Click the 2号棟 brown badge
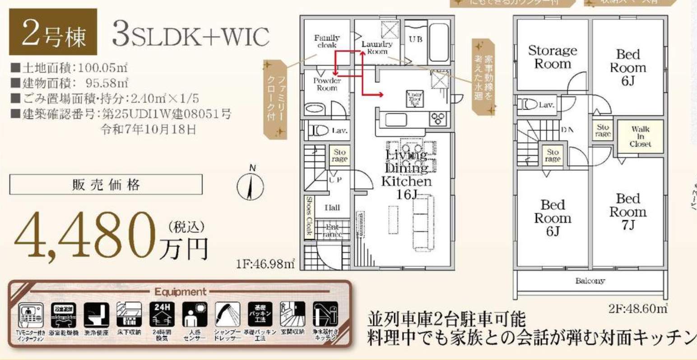point(53,32)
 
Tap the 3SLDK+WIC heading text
point(191,35)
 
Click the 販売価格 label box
point(106,185)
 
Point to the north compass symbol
point(251,185)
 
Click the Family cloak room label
point(327,42)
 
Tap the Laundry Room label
point(377,47)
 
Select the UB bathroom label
point(415,40)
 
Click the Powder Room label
point(327,84)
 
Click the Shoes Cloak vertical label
point(309,216)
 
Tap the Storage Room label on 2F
point(553,57)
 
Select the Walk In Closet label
point(640,136)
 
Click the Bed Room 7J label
point(627,212)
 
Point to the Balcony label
point(590,281)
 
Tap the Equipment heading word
point(180,292)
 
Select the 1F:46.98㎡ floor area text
point(265,263)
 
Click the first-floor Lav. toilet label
point(339,131)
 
